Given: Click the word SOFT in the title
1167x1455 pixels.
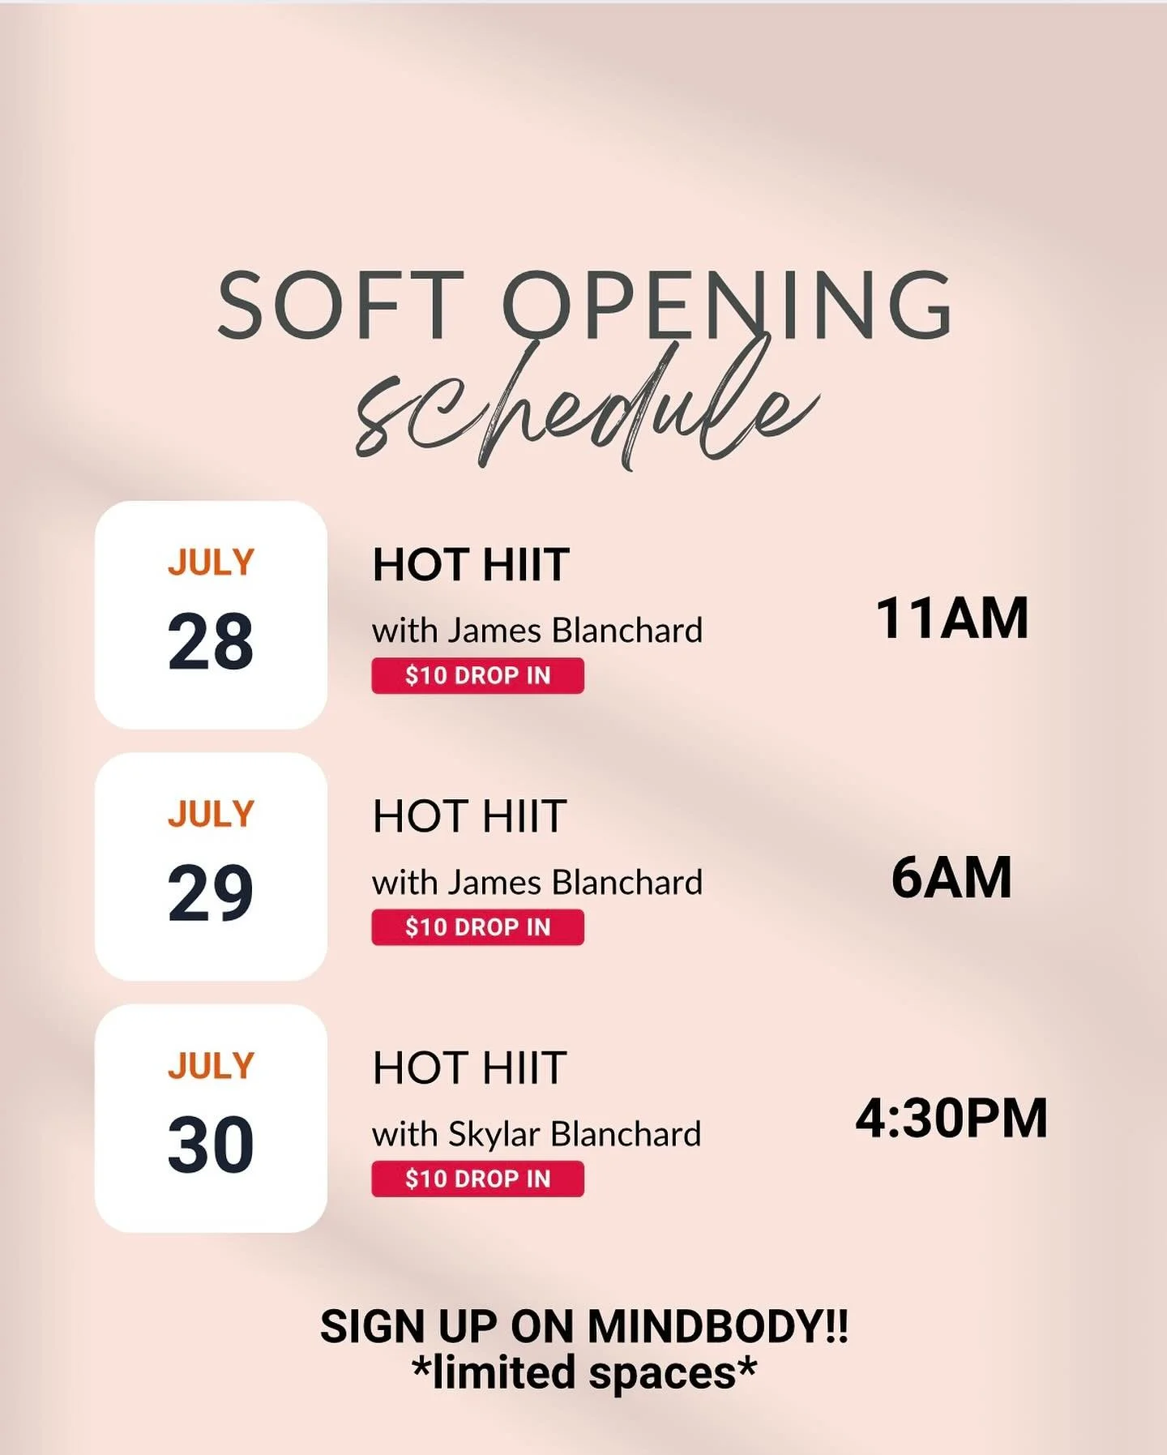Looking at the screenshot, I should pos(340,306).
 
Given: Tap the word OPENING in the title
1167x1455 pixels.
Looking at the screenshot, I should pos(727,306).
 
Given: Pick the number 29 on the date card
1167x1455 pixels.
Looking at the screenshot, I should pos(211,893).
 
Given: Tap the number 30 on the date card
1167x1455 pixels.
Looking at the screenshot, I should pos(211,1145).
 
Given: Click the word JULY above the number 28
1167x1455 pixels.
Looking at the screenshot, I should pos(211,563).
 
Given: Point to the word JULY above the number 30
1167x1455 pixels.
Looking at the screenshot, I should pos(211,1066).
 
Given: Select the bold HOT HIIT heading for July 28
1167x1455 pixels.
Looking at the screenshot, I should pos(471,565).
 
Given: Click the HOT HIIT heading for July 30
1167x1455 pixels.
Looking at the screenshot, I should pos(469,1068).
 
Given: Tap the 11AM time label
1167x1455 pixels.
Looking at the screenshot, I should pos(952,618).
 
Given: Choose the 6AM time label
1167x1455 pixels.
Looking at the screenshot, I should pos(951,878).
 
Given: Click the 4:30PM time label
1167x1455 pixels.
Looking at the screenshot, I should pos(951,1119).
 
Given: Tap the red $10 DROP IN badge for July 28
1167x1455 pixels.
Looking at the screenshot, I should pos(477,676).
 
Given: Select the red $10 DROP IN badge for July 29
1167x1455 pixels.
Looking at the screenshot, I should pos(477,927).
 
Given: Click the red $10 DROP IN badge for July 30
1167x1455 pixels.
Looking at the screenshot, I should pos(477,1179).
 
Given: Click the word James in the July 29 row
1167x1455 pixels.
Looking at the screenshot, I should pos(494,883).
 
